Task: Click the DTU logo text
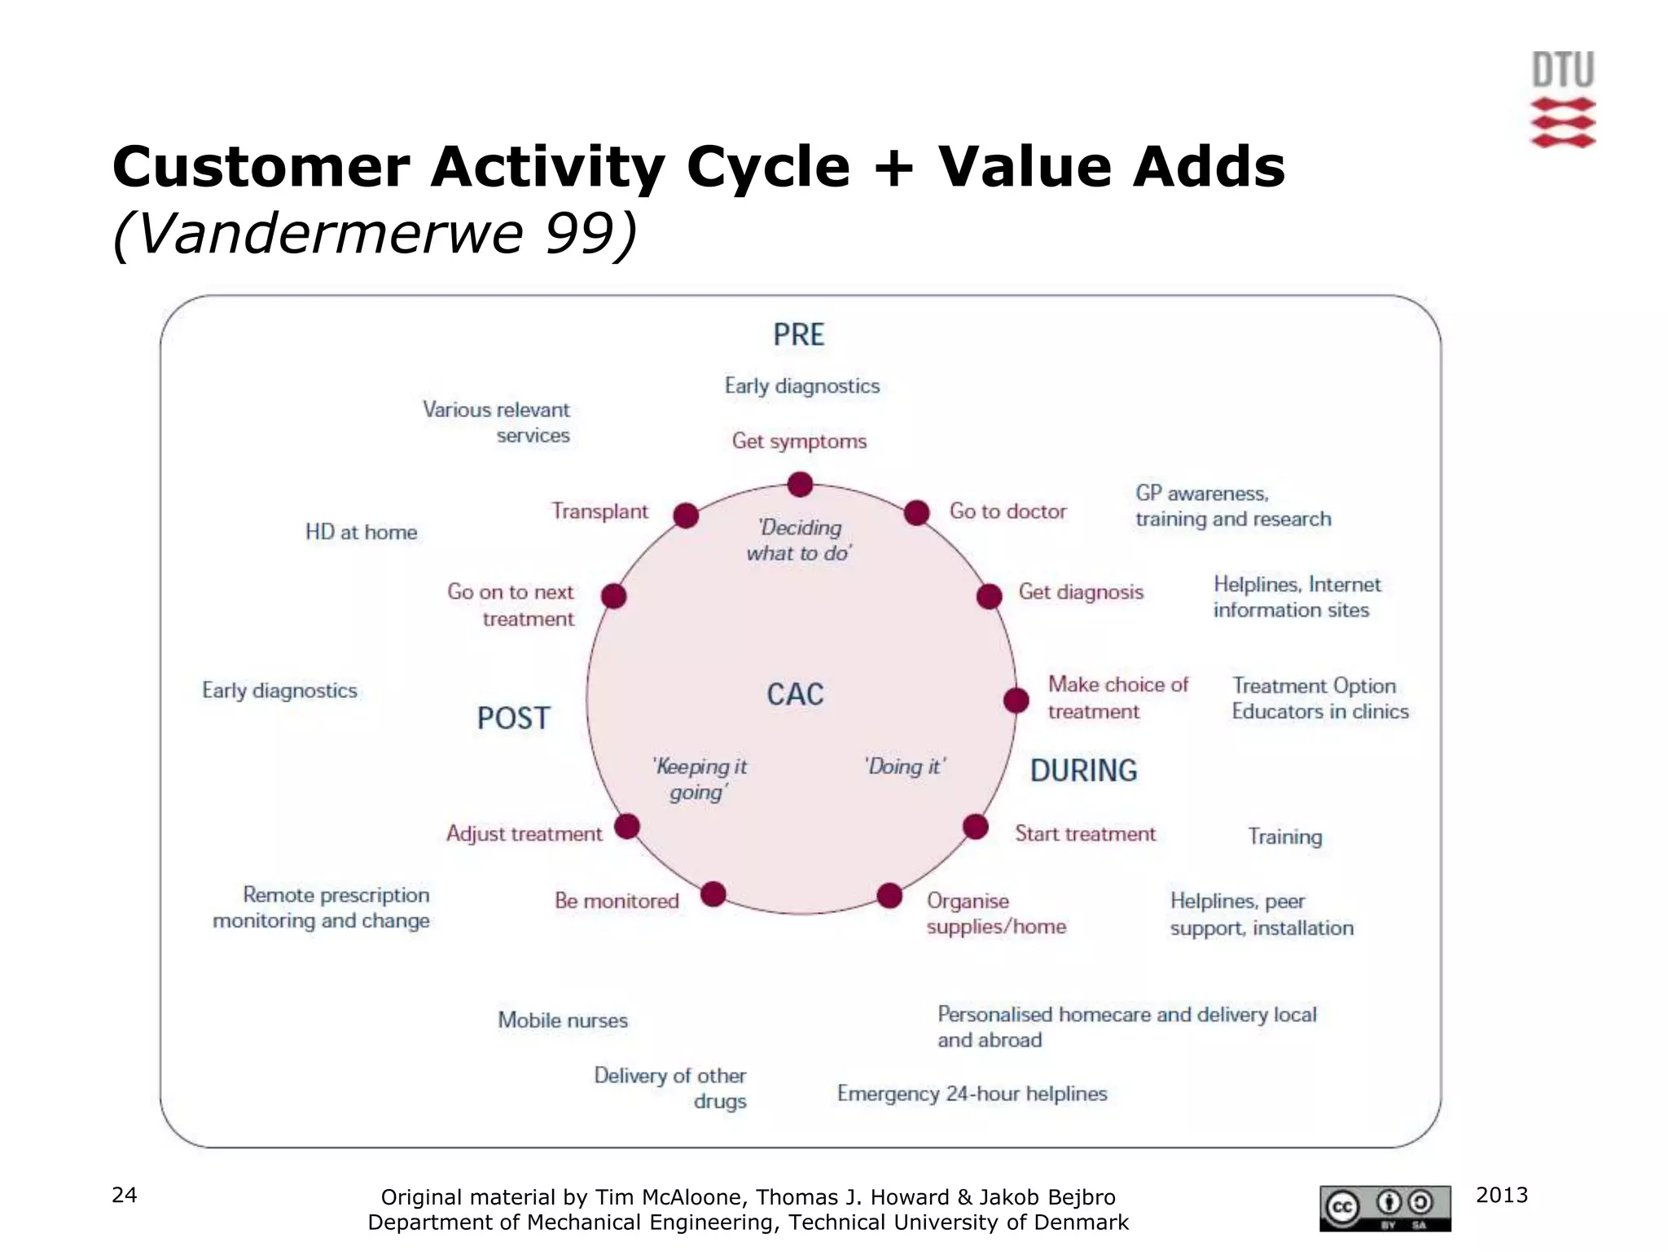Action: click(x=1562, y=70)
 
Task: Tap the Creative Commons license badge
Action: click(x=1385, y=1208)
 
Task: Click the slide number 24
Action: click(x=124, y=1195)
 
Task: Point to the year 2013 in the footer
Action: click(x=1501, y=1195)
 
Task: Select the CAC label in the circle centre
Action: click(x=795, y=695)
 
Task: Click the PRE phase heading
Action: click(x=798, y=335)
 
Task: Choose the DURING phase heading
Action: click(x=1083, y=770)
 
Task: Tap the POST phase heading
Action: click(x=513, y=718)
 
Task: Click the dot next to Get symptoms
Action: click(x=800, y=485)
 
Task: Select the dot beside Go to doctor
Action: click(x=916, y=513)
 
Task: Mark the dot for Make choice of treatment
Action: click(x=1016, y=700)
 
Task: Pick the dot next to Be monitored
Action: click(x=713, y=894)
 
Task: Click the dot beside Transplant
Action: click(x=686, y=516)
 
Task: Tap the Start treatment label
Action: click(x=1085, y=834)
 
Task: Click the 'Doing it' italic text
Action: click(x=905, y=766)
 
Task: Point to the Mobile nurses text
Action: click(x=563, y=1021)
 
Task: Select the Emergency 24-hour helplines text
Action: click(x=972, y=1094)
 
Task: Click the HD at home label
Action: click(x=361, y=533)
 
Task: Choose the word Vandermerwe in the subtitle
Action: click(x=330, y=234)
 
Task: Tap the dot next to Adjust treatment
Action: click(x=626, y=827)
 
